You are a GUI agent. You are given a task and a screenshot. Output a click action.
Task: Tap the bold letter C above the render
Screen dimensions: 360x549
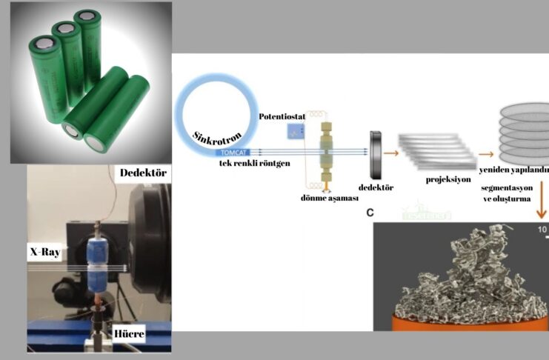pos(370,213)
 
